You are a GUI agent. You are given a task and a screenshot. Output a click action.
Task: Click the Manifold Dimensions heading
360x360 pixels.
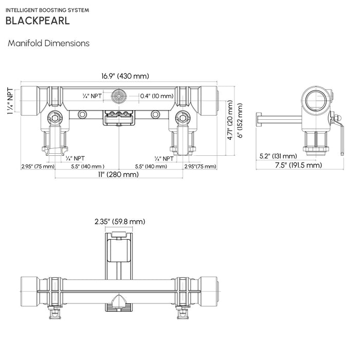pyautogui.click(x=48, y=43)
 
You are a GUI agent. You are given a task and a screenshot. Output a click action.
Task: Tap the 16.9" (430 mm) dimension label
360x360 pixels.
pyautogui.click(x=125, y=76)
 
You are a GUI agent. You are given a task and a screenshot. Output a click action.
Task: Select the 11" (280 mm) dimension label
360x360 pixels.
pyautogui.click(x=119, y=175)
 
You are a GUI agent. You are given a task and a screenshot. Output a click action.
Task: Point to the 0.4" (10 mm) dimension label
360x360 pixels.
pyautogui.click(x=157, y=96)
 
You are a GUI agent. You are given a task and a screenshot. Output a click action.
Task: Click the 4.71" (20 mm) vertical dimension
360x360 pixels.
pyautogui.click(x=230, y=123)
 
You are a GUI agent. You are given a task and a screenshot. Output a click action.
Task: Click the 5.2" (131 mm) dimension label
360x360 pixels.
pyautogui.click(x=278, y=156)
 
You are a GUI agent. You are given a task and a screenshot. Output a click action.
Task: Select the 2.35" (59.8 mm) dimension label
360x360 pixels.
pyautogui.click(x=120, y=222)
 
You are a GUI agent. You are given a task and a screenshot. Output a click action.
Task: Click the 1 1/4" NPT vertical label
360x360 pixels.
pyautogui.click(x=9, y=101)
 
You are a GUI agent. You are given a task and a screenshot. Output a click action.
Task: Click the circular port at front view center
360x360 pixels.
pyautogui.click(x=119, y=96)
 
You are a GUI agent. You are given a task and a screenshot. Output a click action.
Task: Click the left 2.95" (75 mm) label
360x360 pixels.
pyautogui.click(x=38, y=167)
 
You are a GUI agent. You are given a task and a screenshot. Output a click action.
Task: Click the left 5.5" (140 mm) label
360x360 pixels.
pyautogui.click(x=88, y=167)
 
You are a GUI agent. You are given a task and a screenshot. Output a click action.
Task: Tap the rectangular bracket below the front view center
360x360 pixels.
pyautogui.click(x=119, y=118)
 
